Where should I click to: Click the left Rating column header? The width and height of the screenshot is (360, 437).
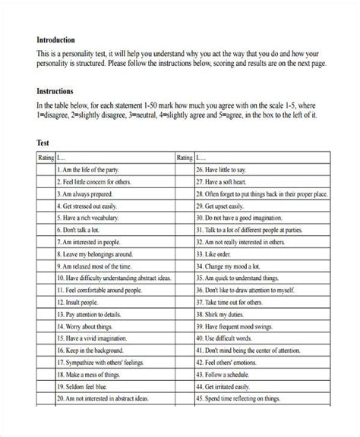pyautogui.click(x=45, y=158)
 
